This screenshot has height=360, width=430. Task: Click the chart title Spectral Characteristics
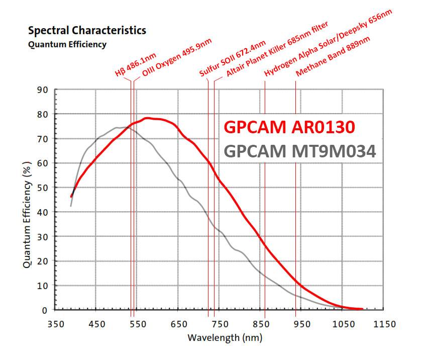(x=87, y=31)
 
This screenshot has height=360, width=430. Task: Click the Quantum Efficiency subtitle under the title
(x=67, y=44)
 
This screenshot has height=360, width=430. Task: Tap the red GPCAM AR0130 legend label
(x=290, y=127)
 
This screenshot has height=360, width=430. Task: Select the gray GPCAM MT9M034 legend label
(x=300, y=150)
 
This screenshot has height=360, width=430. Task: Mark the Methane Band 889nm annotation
(x=329, y=58)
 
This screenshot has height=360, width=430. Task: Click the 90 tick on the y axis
(x=43, y=90)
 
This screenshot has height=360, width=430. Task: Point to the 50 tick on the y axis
(x=43, y=188)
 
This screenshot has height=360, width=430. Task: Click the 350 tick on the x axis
(x=55, y=324)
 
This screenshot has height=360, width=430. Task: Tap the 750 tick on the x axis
(x=220, y=324)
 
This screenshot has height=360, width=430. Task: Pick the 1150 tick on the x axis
(x=384, y=324)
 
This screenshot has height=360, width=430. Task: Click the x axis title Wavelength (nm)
(x=225, y=337)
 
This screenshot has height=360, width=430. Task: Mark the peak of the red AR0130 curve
(x=147, y=118)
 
